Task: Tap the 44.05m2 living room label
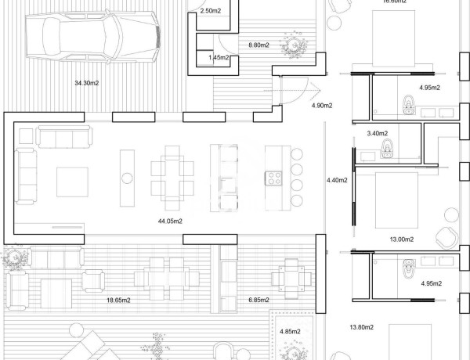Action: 170,221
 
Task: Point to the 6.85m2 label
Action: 258,300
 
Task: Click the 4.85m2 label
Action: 291,332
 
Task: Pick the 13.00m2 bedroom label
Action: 402,239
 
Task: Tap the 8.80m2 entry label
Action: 258,45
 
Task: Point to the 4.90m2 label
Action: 322,105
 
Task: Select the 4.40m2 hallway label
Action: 336,181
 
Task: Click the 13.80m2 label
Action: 361,326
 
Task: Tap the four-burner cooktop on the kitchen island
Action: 274,178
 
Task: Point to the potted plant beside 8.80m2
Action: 296,45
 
